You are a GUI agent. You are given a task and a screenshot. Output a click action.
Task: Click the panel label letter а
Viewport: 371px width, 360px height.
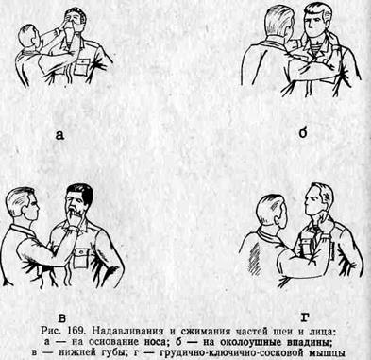(x=59, y=135)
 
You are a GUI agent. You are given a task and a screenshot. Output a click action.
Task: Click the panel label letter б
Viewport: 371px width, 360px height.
(x=302, y=133)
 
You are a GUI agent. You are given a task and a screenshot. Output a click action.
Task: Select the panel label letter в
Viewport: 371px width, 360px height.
(x=62, y=318)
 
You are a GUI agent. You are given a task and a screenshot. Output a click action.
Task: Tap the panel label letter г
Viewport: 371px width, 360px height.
(x=304, y=317)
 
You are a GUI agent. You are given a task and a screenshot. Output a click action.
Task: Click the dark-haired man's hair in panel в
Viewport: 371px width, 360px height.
(x=80, y=191)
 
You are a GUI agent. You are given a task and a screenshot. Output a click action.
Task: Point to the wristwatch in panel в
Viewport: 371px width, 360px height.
(x=73, y=230)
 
